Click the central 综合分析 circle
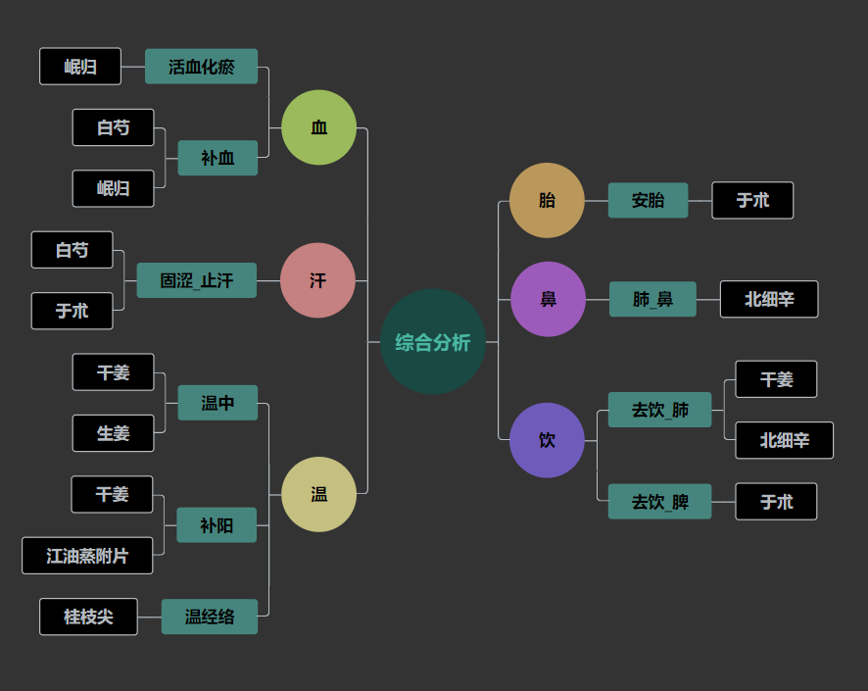(x=432, y=342)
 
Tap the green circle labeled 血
(x=318, y=127)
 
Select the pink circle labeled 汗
(x=317, y=280)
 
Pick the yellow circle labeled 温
(x=318, y=494)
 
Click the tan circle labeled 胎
(x=547, y=200)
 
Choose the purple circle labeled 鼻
(x=548, y=299)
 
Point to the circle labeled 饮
(x=547, y=440)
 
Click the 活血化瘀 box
(x=201, y=67)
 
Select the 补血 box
(x=217, y=158)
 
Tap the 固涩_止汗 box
(x=197, y=280)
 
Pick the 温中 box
(x=217, y=403)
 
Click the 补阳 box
(x=217, y=525)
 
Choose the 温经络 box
(x=210, y=617)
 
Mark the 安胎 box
(x=648, y=200)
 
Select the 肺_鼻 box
(x=652, y=299)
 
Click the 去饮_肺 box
(x=659, y=410)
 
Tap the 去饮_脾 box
(x=659, y=502)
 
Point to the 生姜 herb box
(x=113, y=433)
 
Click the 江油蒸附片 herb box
(x=87, y=556)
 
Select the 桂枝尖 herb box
(x=88, y=617)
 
